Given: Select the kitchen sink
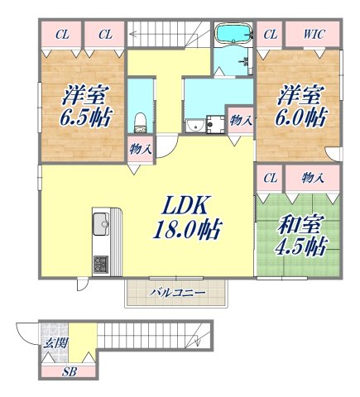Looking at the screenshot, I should click(x=102, y=222).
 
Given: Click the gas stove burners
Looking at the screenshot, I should click(x=102, y=265).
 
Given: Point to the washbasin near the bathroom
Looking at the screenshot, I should click(x=195, y=127).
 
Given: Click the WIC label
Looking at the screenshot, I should click(x=314, y=35).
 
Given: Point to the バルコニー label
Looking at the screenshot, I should click(x=175, y=293).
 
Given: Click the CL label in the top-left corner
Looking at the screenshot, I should click(x=62, y=35).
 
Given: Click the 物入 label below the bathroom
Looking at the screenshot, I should click(x=240, y=119).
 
